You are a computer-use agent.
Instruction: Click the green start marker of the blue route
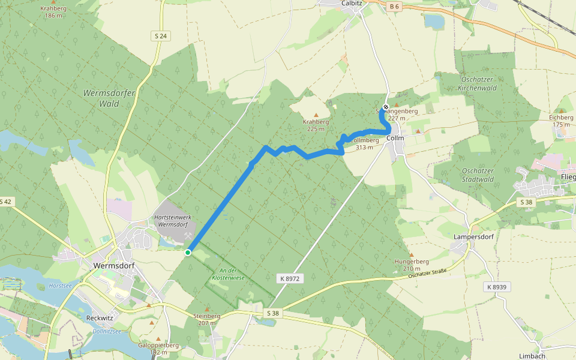tap(188, 253)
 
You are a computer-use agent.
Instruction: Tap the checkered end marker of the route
tap(386, 107)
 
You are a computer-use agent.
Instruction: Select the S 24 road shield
tap(160, 36)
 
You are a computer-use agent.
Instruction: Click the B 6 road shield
tap(394, 7)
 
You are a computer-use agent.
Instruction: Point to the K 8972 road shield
tap(289, 278)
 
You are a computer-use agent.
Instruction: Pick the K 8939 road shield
tap(497, 287)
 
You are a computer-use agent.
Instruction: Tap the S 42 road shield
tap(5, 202)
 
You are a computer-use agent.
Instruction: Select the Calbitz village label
tap(351, 3)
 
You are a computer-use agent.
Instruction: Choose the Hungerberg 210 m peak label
tap(411, 265)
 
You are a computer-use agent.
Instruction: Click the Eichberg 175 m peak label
tap(561, 121)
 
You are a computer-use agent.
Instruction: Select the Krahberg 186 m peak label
tap(53, 12)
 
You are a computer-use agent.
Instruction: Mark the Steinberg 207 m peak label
tap(207, 319)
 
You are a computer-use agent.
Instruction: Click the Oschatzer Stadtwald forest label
tap(478, 175)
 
